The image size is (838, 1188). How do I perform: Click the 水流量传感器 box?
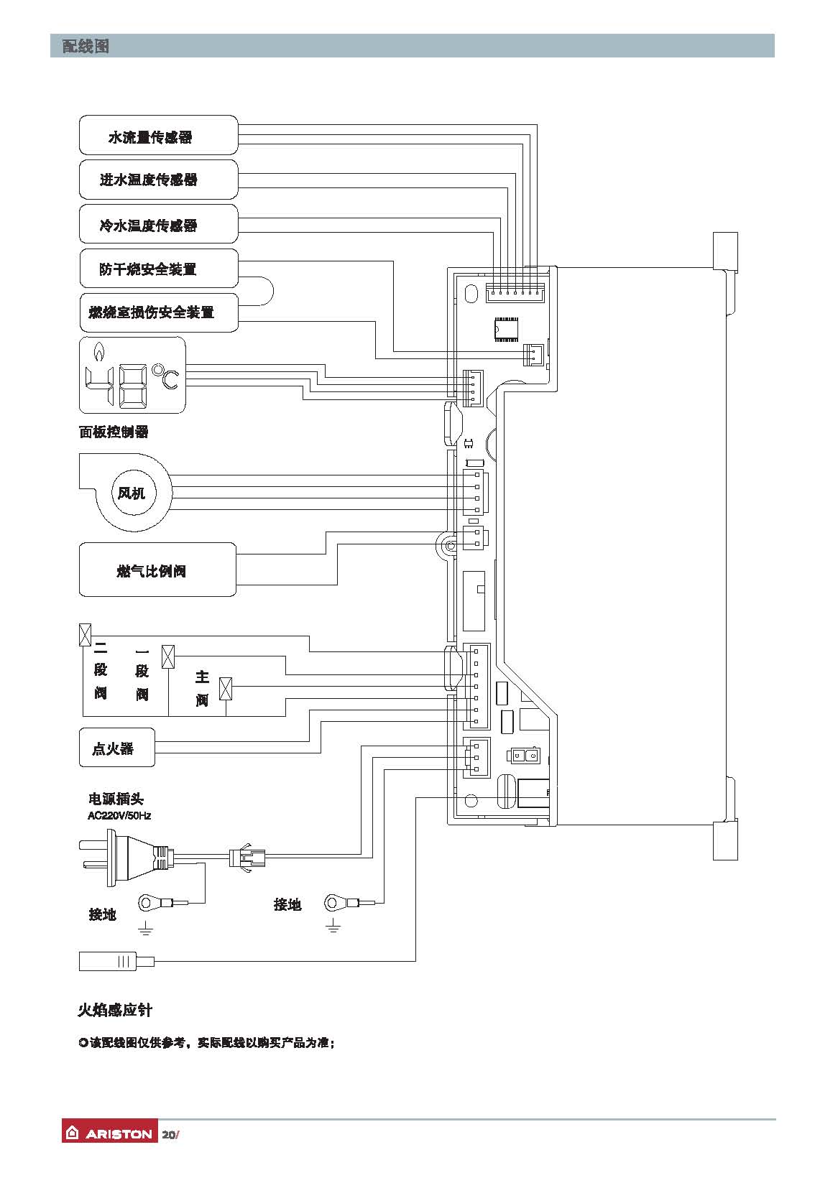[x=158, y=135]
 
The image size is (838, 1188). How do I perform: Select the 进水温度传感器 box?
[x=158, y=180]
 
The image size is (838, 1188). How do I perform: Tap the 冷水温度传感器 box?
[x=158, y=224]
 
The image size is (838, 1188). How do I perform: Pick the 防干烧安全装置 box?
[x=158, y=269]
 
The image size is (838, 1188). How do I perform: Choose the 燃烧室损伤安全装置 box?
[x=158, y=312]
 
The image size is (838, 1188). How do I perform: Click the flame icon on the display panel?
[x=98, y=351]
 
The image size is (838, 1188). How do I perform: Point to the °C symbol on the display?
[x=165, y=378]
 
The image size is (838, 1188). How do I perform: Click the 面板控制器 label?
[x=114, y=432]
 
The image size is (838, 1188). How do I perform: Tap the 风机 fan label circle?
[x=132, y=493]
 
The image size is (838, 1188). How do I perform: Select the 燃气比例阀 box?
[x=157, y=570]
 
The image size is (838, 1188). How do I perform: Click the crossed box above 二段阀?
[x=85, y=635]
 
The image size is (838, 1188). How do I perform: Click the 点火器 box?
[x=116, y=748]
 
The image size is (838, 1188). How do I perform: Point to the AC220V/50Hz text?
[x=119, y=815]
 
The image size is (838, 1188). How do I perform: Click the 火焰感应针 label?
[x=115, y=1010]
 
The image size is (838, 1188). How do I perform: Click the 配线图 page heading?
[x=86, y=47]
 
